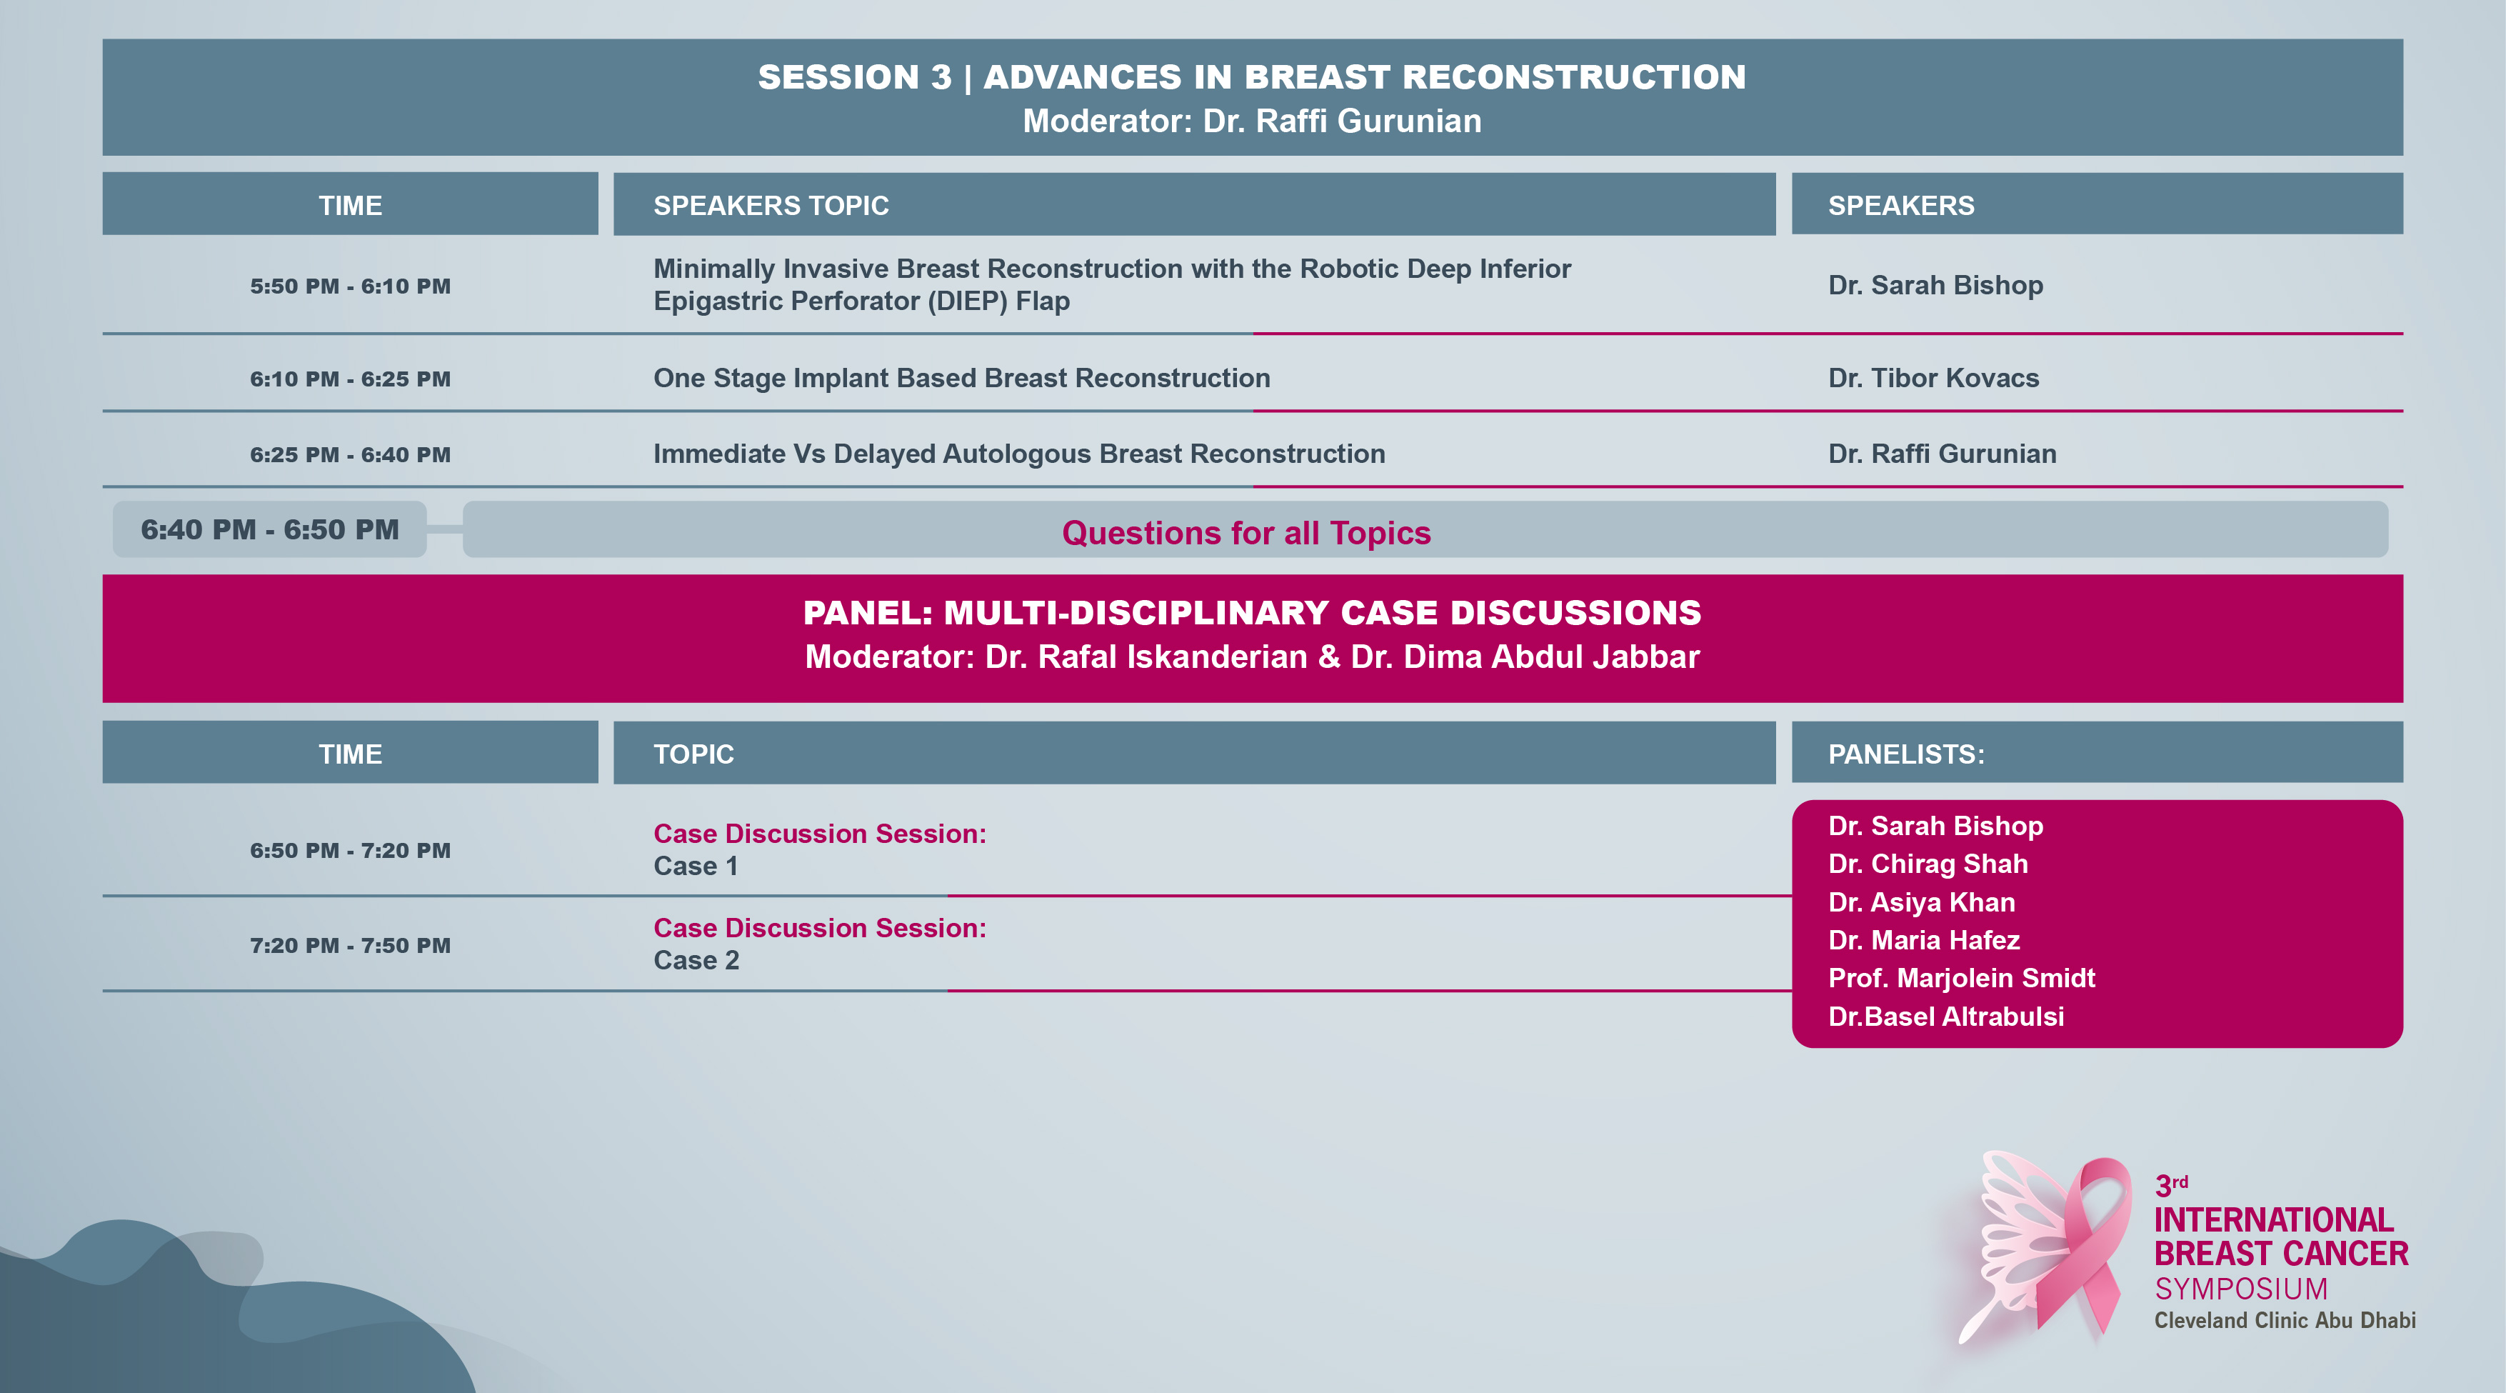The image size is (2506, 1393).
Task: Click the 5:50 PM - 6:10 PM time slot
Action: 350,286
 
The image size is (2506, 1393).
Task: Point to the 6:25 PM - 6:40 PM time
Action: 350,454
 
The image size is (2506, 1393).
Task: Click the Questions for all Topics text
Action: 1246,532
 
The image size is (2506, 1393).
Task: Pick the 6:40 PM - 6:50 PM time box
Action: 269,529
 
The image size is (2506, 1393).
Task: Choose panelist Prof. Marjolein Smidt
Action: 1961,978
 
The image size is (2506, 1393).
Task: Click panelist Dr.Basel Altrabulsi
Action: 1945,1016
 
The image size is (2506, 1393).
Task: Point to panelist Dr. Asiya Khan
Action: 1921,902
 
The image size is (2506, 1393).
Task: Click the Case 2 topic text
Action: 696,960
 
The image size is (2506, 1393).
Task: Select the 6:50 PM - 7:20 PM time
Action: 350,850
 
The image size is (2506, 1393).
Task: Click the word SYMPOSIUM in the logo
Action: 2240,1289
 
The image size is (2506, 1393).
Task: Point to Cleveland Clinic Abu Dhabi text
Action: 2284,1320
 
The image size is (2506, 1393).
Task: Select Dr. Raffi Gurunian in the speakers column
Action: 1942,454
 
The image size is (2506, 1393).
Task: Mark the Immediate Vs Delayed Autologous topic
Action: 1018,454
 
